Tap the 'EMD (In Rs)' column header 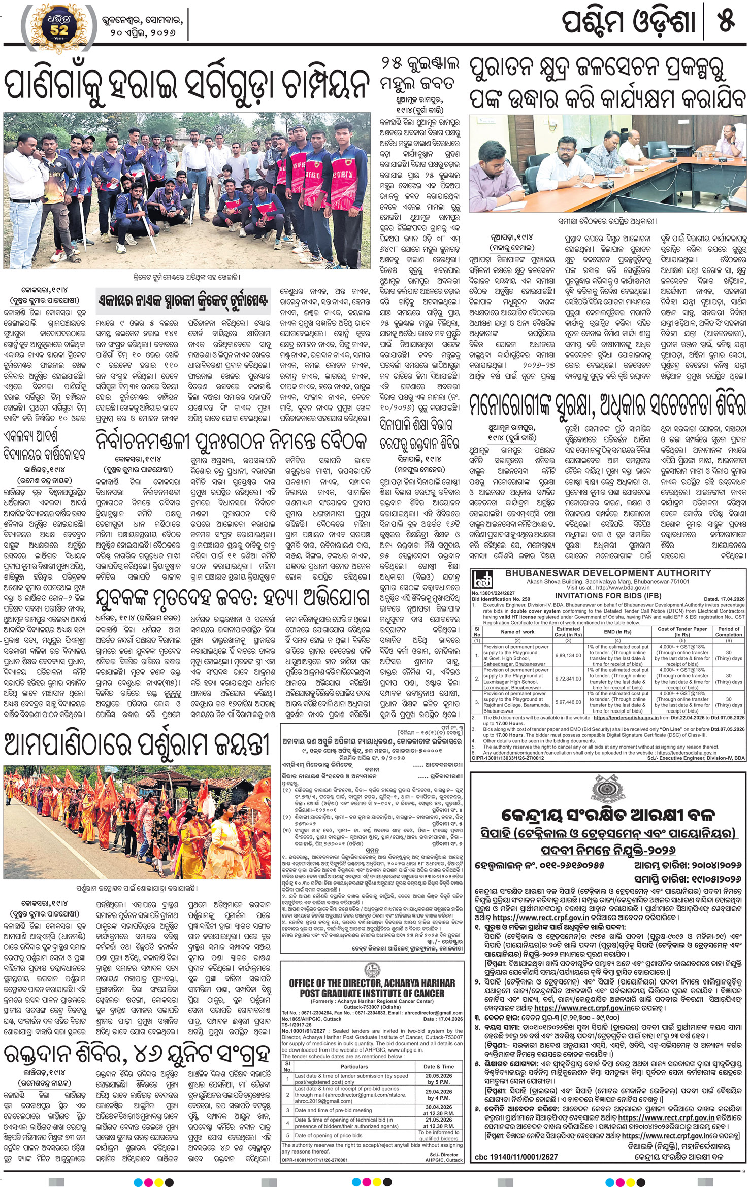pyautogui.click(x=617, y=632)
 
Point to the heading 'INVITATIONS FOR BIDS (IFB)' pyautogui.click(x=608, y=595)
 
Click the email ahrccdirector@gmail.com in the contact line pyautogui.click(x=437, y=1012)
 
